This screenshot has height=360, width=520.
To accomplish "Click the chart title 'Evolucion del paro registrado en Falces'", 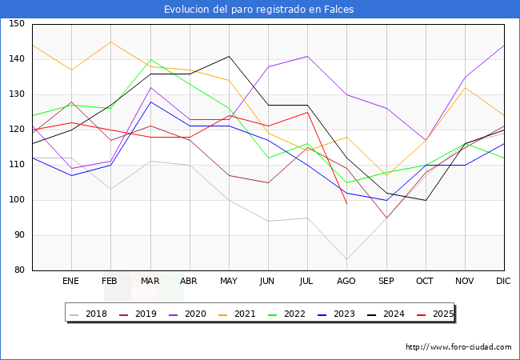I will coord(259,10).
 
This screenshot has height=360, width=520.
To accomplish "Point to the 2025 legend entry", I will coord(441,314).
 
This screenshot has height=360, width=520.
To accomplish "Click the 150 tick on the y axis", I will coord(17,24).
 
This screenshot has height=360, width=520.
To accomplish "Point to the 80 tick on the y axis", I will coord(19,270).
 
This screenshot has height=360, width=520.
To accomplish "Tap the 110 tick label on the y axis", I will coord(17,165).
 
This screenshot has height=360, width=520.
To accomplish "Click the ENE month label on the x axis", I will coord(70,281).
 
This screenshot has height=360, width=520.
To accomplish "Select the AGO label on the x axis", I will coord(346,281).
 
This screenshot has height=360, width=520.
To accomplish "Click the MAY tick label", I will coord(228,281).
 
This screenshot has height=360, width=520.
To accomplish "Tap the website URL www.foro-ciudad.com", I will coord(458,347).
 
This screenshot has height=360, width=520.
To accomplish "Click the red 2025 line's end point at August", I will coord(346,203).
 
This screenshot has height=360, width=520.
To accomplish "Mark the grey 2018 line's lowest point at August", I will coord(346,260).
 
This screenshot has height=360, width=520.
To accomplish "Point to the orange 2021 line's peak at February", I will coord(110,42).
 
